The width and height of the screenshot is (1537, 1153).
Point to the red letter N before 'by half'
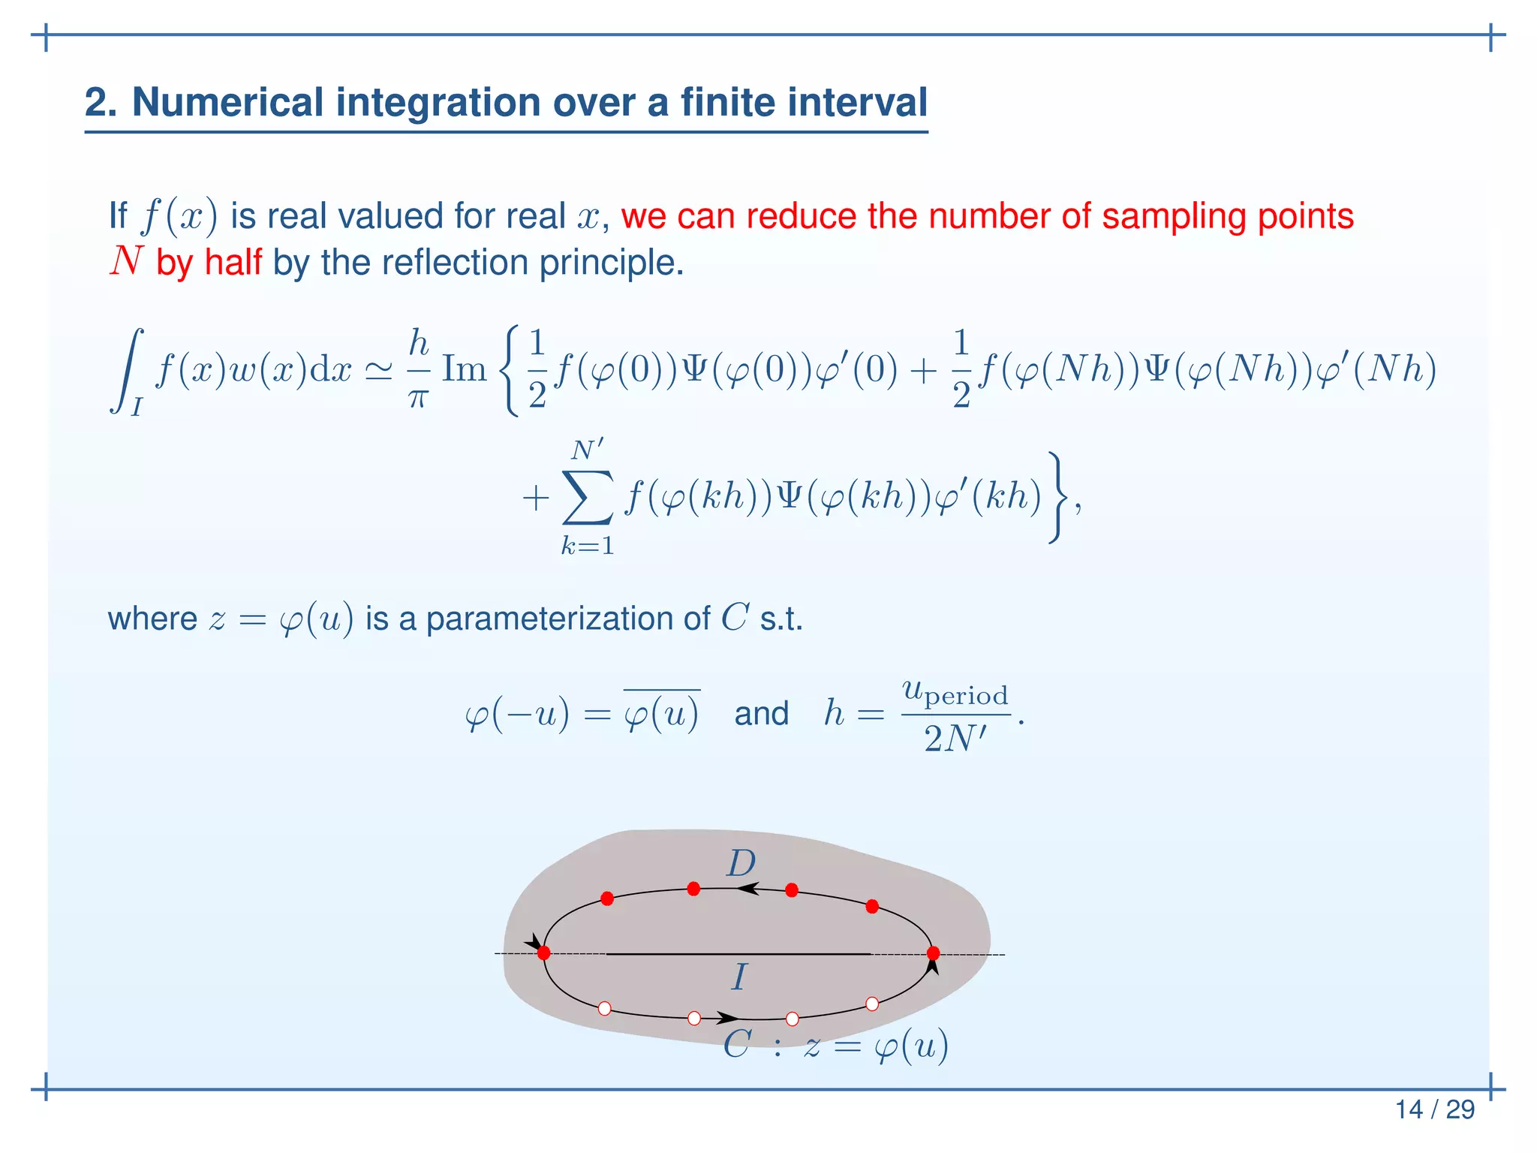126,261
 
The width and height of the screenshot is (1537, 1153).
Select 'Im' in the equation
465,369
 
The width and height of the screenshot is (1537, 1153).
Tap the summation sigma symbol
587,497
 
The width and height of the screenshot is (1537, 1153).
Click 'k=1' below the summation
588,546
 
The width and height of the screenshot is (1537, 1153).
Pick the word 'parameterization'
567,619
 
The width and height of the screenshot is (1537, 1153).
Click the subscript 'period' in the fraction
967,696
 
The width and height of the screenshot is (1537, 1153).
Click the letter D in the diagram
741,863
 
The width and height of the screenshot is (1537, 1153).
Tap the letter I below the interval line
739,977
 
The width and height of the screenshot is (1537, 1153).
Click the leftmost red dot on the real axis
544,953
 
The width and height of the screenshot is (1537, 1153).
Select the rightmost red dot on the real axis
934,953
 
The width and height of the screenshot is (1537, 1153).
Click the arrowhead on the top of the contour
748,889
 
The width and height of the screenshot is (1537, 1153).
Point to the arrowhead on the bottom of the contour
726,1018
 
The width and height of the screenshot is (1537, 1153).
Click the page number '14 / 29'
1434,1109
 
